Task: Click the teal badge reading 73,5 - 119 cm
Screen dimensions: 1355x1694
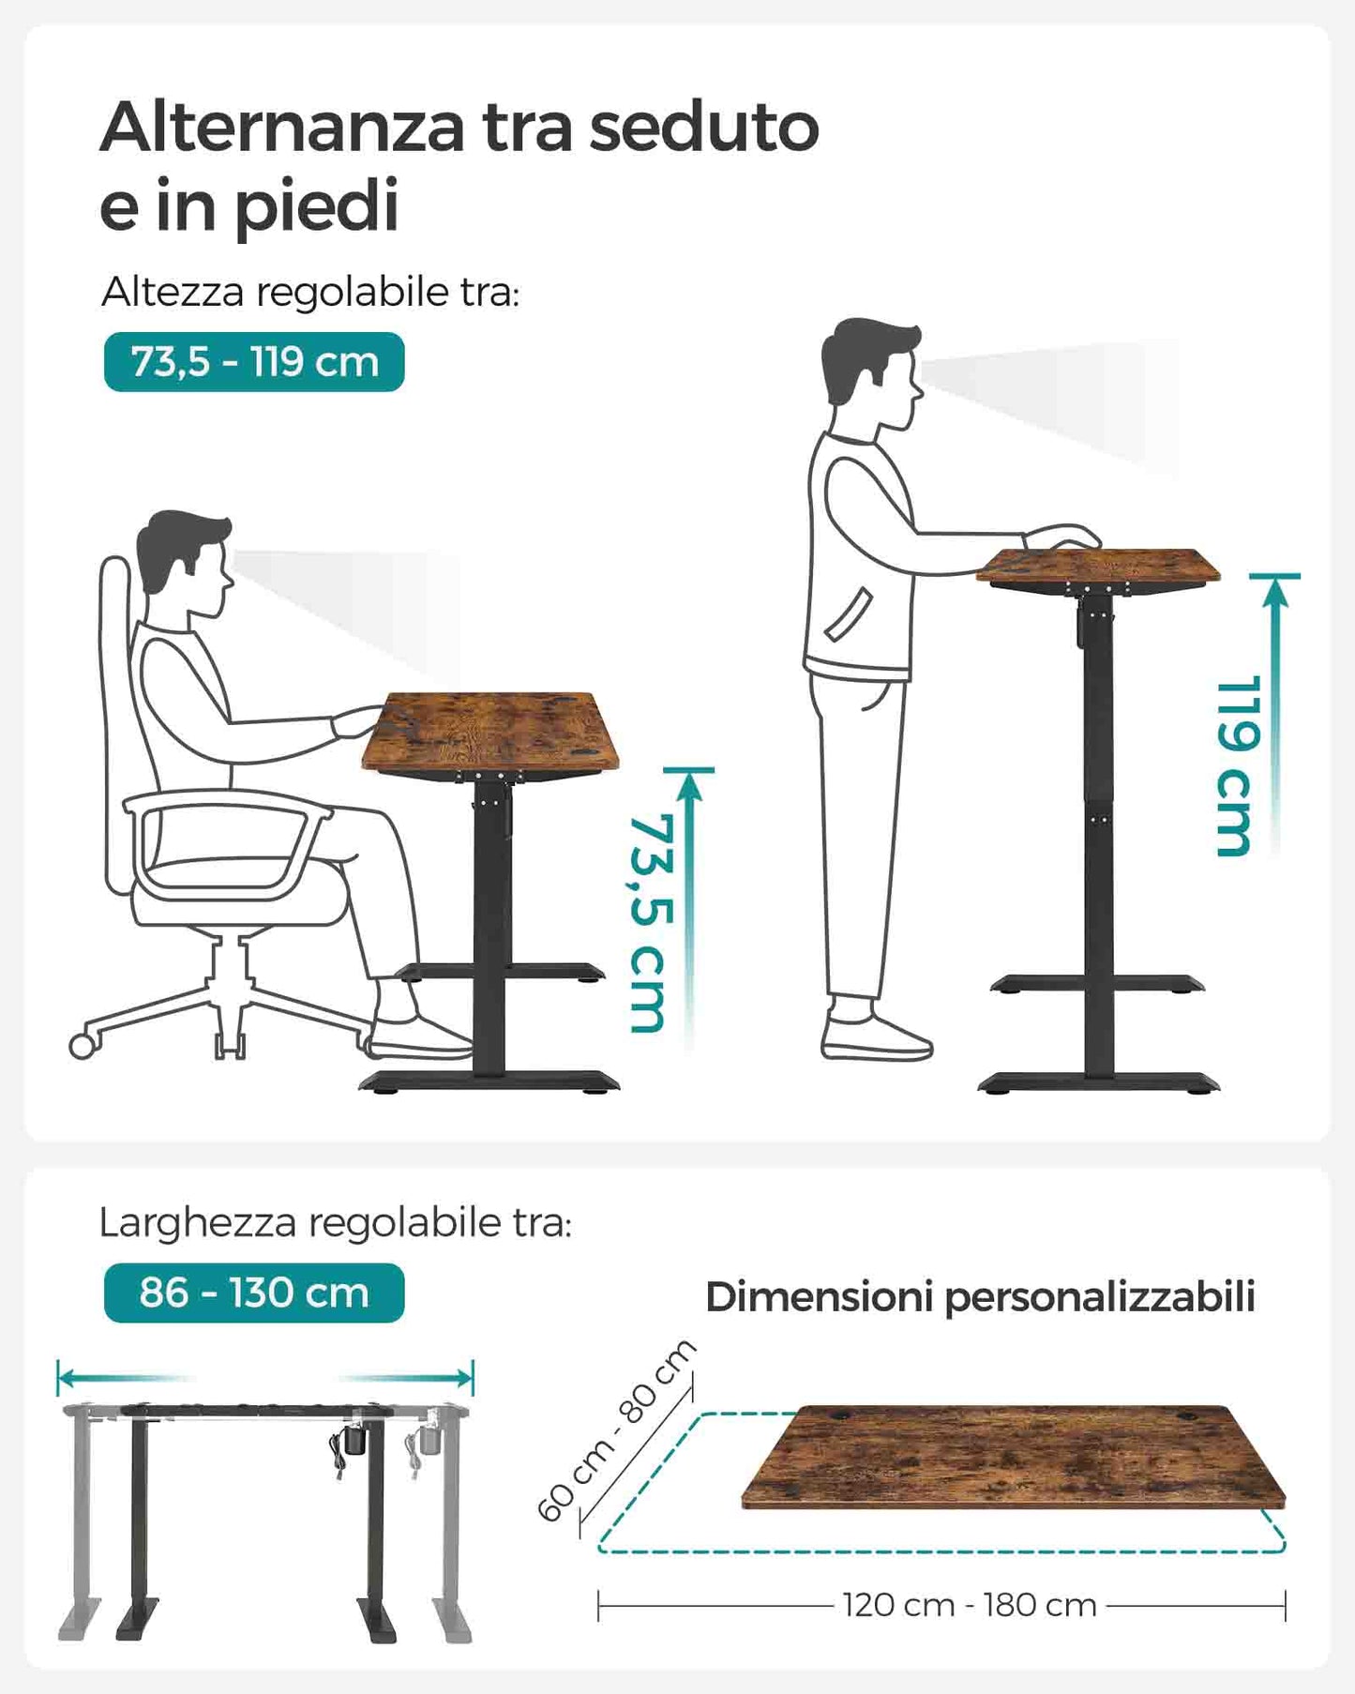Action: tap(254, 362)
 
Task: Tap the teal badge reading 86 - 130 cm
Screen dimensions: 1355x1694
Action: tap(254, 1293)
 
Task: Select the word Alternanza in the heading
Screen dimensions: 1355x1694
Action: tap(282, 127)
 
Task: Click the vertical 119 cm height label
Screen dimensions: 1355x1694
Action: tap(1235, 765)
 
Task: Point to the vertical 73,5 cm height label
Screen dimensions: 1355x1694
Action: tap(650, 924)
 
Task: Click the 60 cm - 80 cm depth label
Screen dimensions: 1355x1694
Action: tap(616, 1429)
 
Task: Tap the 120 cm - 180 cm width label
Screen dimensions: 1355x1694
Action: tap(970, 1605)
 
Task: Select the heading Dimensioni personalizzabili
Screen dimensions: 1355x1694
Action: tap(980, 1297)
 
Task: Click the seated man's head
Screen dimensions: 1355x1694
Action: tap(186, 562)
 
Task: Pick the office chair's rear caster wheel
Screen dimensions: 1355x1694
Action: tap(83, 1046)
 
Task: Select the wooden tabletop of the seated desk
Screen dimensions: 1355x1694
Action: tap(491, 733)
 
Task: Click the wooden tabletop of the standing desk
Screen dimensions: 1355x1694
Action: tap(1098, 567)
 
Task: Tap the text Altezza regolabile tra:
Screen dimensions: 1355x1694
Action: tap(310, 292)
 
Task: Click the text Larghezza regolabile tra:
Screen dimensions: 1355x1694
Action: tap(335, 1223)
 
